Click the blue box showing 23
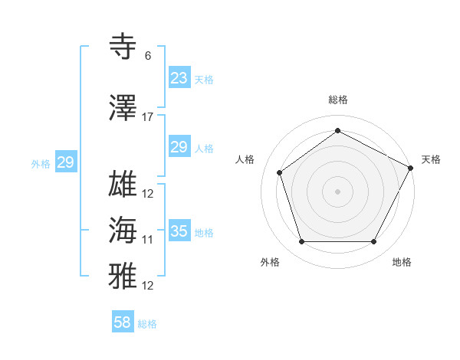[179, 78]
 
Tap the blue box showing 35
[179, 231]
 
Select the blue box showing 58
[123, 322]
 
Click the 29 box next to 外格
[65, 162]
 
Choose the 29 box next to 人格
[179, 147]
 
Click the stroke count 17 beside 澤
[148, 117]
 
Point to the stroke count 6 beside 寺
[148, 56]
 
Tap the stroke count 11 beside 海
[148, 240]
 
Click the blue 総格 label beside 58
[147, 324]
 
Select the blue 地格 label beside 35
[204, 233]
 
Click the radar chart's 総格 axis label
[337, 100]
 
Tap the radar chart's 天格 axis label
[431, 159]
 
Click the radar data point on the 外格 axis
[302, 242]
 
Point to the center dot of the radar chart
[337, 191]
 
